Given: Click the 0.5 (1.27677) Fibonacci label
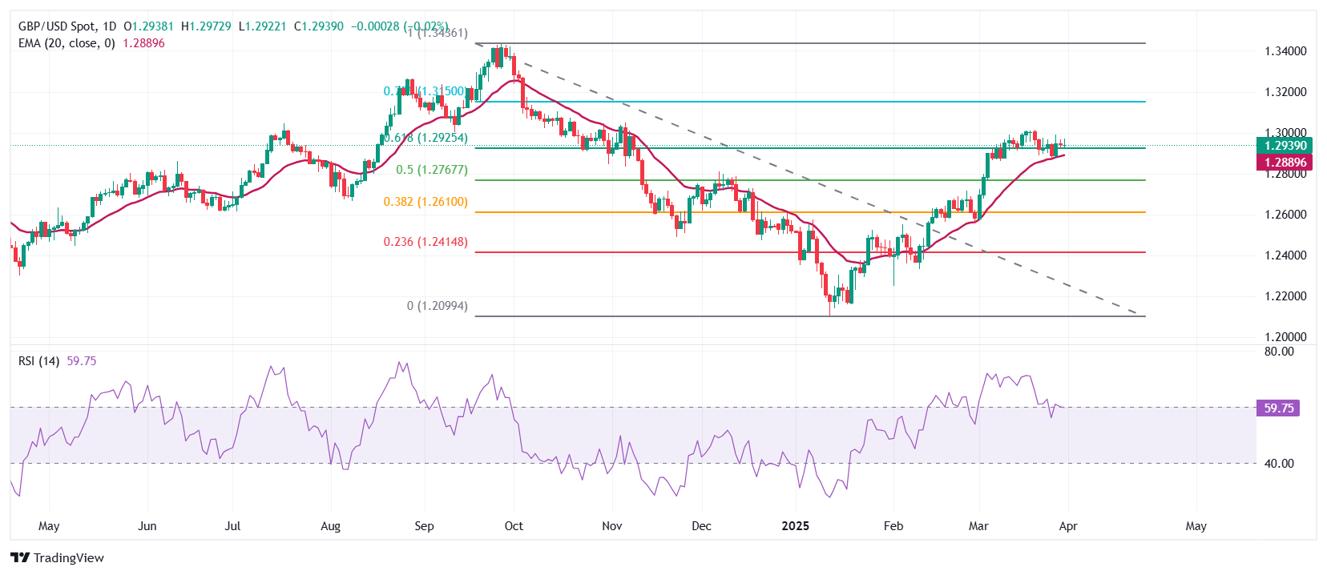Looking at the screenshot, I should click(x=431, y=170).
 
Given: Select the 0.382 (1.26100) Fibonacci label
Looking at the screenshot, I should click(x=425, y=202).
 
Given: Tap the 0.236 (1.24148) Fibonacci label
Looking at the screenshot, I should click(x=425, y=242).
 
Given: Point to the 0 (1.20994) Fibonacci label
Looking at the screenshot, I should click(x=437, y=306).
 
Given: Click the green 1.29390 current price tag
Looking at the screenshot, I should click(x=1285, y=146).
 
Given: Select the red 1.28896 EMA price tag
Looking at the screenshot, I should click(x=1285, y=163).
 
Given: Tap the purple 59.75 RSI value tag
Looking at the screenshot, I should click(x=1278, y=408).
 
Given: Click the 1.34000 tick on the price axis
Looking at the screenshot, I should click(x=1285, y=51).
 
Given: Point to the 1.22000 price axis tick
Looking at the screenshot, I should click(x=1285, y=296).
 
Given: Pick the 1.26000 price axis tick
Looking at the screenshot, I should click(x=1285, y=215).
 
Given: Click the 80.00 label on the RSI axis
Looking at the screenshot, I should click(x=1279, y=352).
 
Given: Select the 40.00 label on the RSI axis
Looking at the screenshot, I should click(x=1279, y=464).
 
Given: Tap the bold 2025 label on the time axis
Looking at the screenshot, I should click(x=796, y=526).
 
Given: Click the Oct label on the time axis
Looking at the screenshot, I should click(x=514, y=526).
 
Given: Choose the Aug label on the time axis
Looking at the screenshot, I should click(x=330, y=526).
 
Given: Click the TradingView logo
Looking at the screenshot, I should click(x=57, y=558).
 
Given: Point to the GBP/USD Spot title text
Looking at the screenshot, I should click(x=59, y=26).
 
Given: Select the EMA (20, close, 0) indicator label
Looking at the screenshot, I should click(x=67, y=43).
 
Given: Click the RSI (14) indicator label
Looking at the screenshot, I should click(x=38, y=361).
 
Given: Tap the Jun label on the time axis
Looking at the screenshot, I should click(x=147, y=526).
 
